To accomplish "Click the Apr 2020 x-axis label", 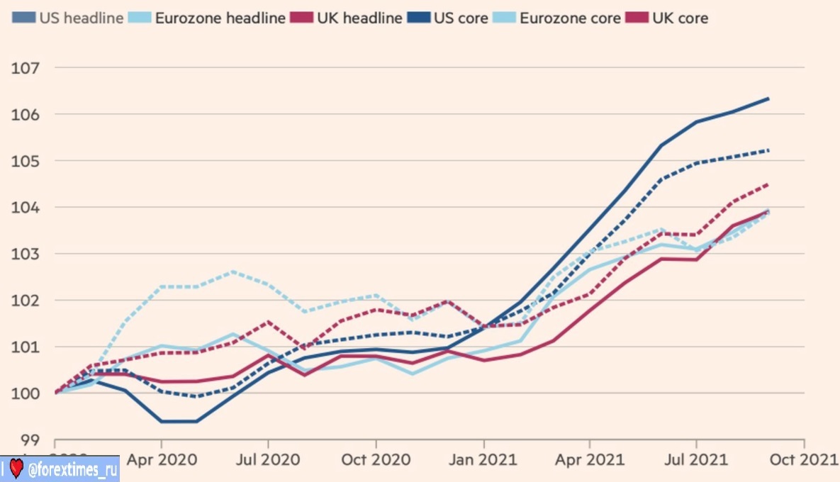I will click(x=162, y=459).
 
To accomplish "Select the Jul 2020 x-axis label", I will click(x=268, y=459).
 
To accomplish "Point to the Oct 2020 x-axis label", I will click(x=376, y=459).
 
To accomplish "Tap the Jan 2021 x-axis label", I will click(x=483, y=459).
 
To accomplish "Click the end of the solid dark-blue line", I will click(x=768, y=99).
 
